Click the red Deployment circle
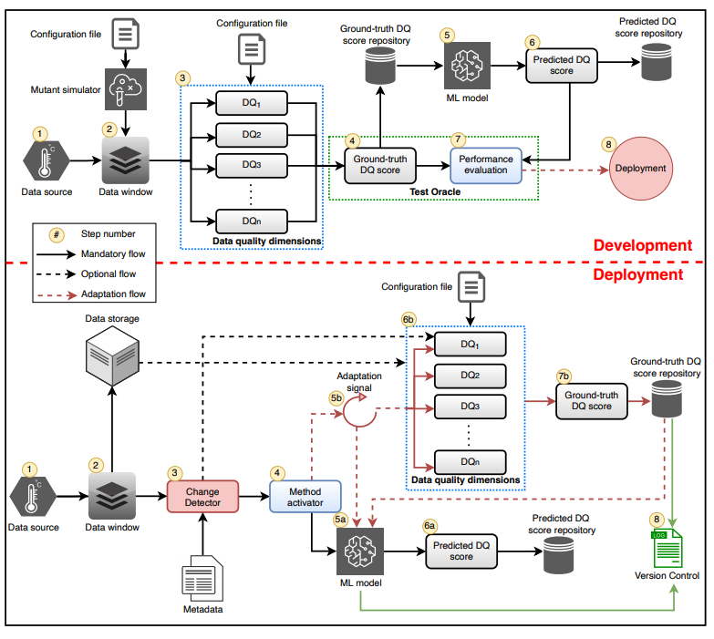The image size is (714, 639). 640,168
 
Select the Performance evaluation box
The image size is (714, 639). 485,165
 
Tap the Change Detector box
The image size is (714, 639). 202,498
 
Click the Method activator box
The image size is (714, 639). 304,498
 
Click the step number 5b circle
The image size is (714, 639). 338,398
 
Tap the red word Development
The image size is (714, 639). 642,245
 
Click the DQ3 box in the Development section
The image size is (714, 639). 252,165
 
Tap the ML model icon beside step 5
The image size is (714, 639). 472,66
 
